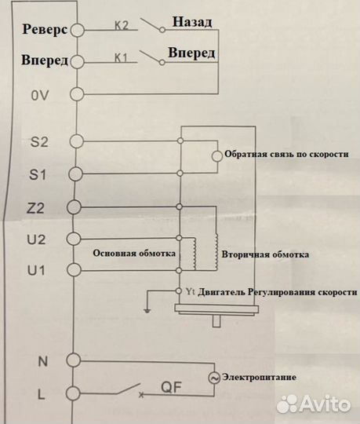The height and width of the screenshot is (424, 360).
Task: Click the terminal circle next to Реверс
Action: click(77, 30)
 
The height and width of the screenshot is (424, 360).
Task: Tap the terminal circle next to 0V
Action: click(77, 94)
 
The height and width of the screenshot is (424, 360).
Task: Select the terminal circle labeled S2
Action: click(76, 141)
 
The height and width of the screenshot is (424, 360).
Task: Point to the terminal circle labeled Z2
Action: click(75, 207)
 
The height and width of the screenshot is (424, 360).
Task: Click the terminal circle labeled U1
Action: click(75, 271)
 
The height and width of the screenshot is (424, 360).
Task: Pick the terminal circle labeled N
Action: click(75, 360)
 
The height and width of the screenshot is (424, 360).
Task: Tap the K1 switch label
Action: click(120, 57)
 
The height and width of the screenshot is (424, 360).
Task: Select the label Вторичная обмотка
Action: click(265, 255)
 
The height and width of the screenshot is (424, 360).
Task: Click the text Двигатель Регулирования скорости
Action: click(275, 291)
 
